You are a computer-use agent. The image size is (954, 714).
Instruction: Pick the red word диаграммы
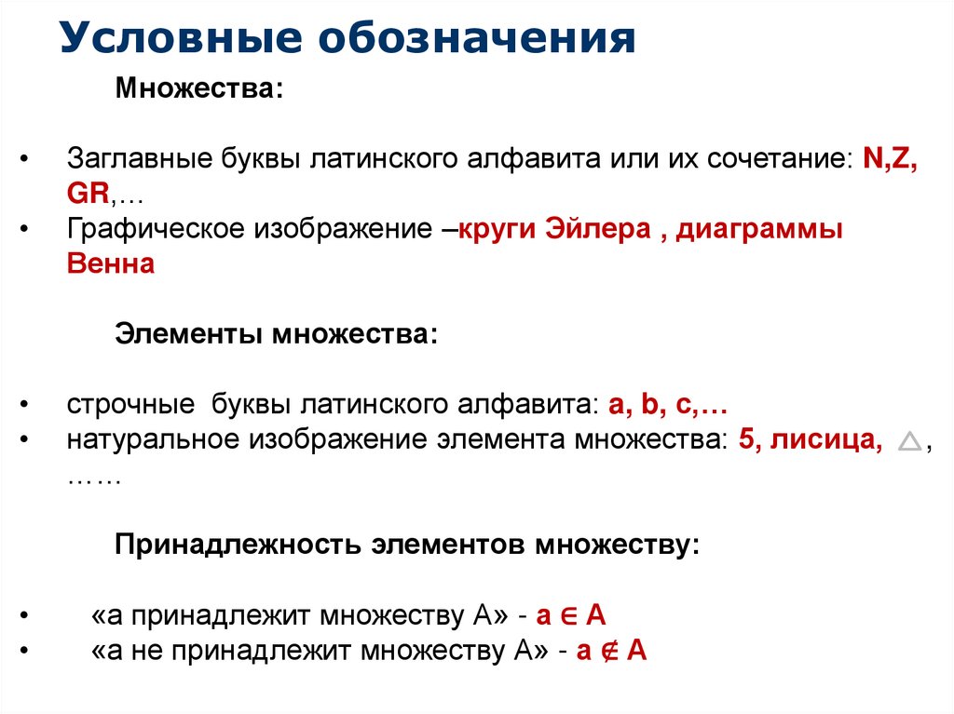tap(759, 229)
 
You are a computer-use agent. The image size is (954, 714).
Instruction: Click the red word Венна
tap(110, 264)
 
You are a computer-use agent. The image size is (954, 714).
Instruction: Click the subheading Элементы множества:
tap(276, 333)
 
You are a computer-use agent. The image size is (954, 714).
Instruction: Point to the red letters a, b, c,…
tap(667, 406)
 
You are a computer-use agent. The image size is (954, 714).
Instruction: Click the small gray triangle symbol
tap(909, 443)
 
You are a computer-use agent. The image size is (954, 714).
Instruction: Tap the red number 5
tap(743, 440)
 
